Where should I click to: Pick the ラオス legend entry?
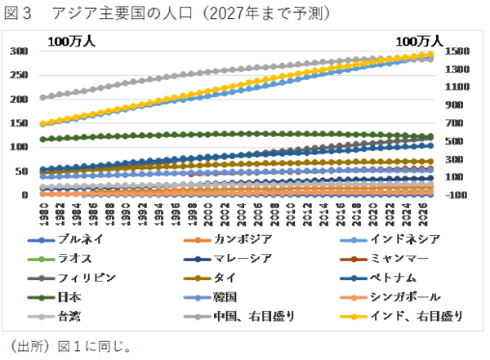[x=74, y=259]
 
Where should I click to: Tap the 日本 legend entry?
[x=69, y=296]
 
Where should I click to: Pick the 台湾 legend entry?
[x=69, y=315]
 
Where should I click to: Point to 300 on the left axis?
[x=18, y=51]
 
